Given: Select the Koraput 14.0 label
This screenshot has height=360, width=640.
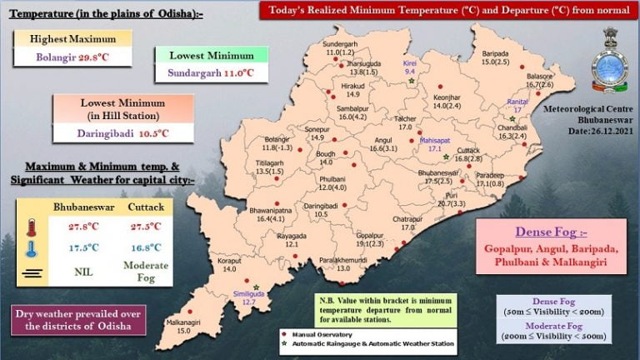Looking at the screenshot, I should [229, 265].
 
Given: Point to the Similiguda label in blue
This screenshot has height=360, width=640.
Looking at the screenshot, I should [249, 297].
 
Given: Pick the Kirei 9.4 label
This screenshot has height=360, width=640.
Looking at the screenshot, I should [409, 67].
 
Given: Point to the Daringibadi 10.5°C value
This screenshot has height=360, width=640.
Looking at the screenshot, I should [123, 132].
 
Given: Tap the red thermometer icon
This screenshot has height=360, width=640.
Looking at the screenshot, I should [32, 227].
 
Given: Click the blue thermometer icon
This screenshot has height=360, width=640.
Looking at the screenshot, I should [32, 247].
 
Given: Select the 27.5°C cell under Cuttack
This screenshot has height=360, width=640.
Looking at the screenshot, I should [143, 227].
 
